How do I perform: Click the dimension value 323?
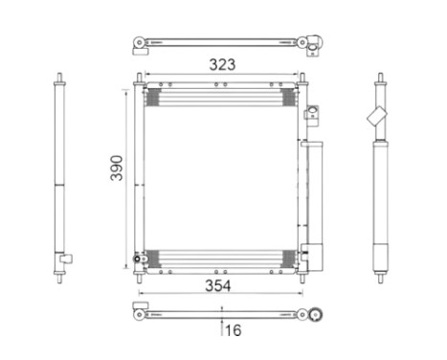224,65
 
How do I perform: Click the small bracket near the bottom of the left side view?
66,257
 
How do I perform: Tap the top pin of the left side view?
61,78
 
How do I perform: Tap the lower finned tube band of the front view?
222,257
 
